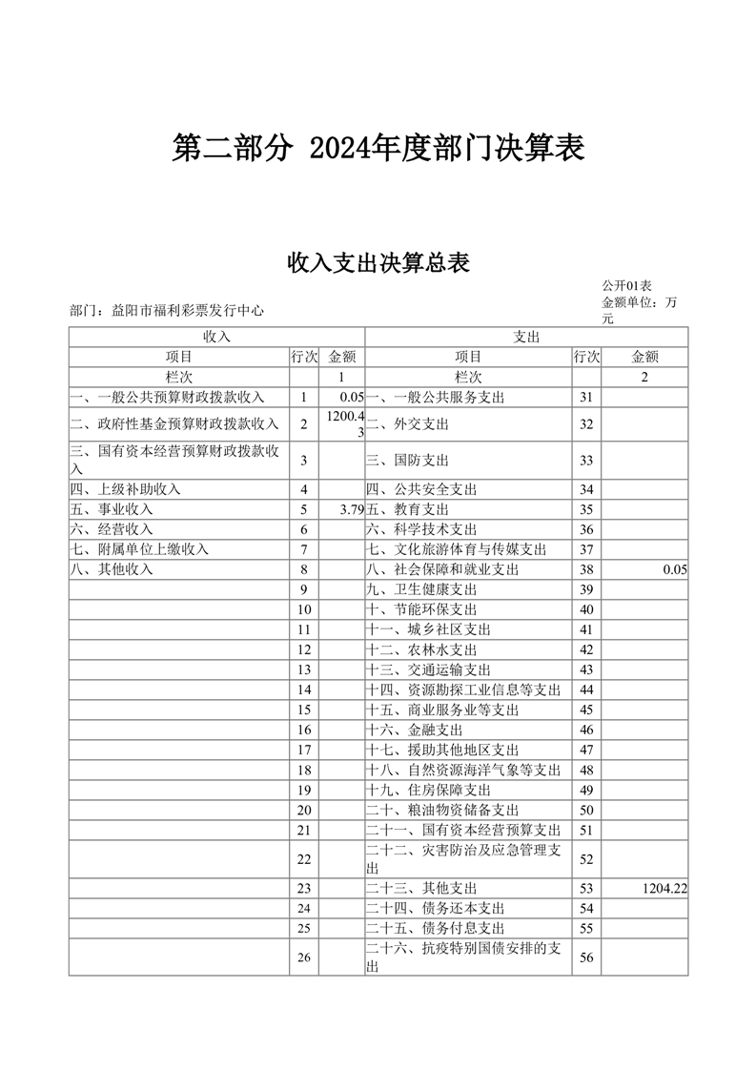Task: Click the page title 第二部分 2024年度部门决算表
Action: point(378,148)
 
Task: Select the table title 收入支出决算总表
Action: point(378,263)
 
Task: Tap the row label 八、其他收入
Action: point(112,569)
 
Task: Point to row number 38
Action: point(586,569)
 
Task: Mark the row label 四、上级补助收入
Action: point(126,489)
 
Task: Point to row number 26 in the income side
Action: point(304,957)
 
